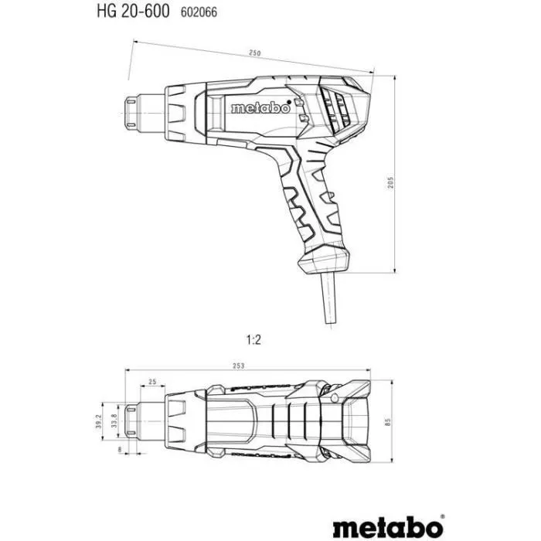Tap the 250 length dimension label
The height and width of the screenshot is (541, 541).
[256, 53]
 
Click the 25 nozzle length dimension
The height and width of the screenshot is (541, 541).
[151, 382]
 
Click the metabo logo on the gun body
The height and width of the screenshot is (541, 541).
[261, 109]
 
